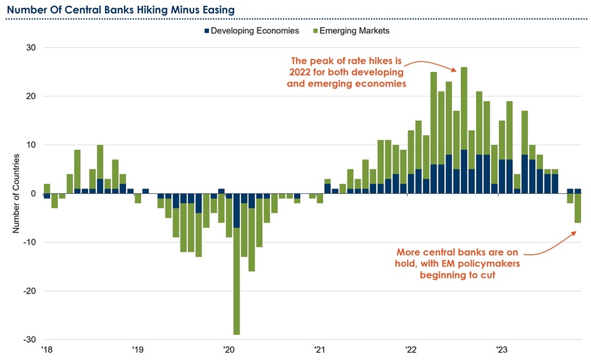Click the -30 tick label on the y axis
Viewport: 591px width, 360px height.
tap(30, 340)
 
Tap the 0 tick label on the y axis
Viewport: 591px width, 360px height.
tap(33, 194)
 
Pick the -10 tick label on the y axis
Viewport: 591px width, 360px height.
tap(30, 242)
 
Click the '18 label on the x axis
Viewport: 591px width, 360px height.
tap(46, 349)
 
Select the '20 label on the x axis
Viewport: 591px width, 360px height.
tap(229, 349)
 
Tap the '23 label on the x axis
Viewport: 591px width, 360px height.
tap(502, 349)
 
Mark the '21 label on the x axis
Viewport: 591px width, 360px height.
tap(320, 349)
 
